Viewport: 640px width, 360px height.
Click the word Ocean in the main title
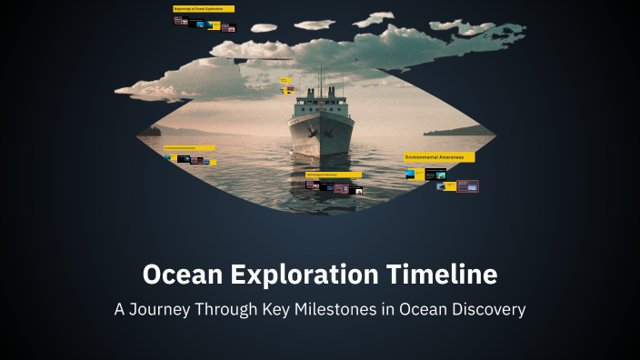pyautogui.click(x=181, y=275)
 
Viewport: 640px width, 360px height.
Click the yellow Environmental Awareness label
pyautogui.click(x=438, y=157)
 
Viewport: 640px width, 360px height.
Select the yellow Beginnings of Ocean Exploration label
pyautogui.click(x=204, y=9)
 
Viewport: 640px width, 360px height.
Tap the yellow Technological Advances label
pyautogui.click(x=333, y=175)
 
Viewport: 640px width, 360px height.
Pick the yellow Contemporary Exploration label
pyautogui.click(x=189, y=147)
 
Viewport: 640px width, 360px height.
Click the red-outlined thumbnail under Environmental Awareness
pyautogui.click(x=467, y=186)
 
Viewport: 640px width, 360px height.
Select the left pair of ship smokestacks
pyautogui.click(x=310, y=92)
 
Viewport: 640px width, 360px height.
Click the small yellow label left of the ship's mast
pyautogui.click(x=285, y=80)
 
